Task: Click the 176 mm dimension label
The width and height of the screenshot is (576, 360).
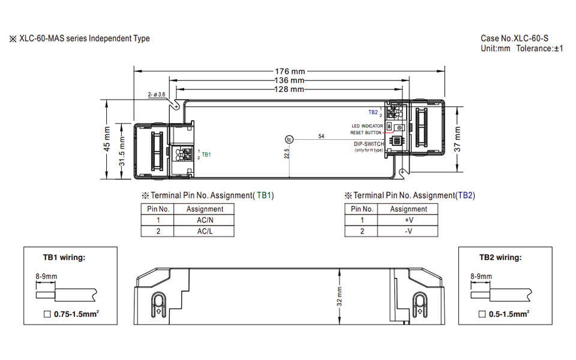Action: (x=290, y=71)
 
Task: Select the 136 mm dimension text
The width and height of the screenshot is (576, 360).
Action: (x=289, y=80)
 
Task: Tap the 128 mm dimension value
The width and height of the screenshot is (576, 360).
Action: (x=289, y=89)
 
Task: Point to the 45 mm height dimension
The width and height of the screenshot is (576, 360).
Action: (x=107, y=139)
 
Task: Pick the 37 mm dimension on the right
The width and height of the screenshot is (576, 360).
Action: (x=457, y=139)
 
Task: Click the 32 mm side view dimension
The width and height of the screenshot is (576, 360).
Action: (x=339, y=296)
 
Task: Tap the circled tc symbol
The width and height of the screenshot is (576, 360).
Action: (x=289, y=140)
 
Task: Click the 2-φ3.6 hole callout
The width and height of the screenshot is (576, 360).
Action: (x=157, y=95)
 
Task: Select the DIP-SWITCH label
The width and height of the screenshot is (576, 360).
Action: (x=369, y=144)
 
